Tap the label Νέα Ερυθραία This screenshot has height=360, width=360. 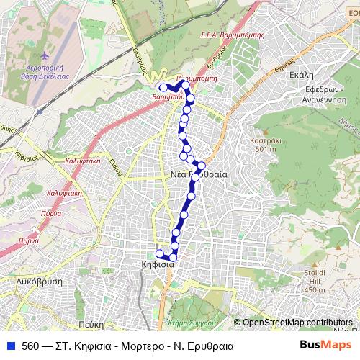click(x=199, y=175)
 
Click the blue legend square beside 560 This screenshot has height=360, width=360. click(x=9, y=345)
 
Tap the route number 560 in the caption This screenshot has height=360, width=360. click(x=31, y=345)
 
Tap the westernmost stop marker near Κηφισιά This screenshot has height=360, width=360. click(x=159, y=253)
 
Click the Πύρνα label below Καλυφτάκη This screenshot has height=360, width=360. click(x=50, y=214)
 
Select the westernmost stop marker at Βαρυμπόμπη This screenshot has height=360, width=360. click(x=163, y=88)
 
